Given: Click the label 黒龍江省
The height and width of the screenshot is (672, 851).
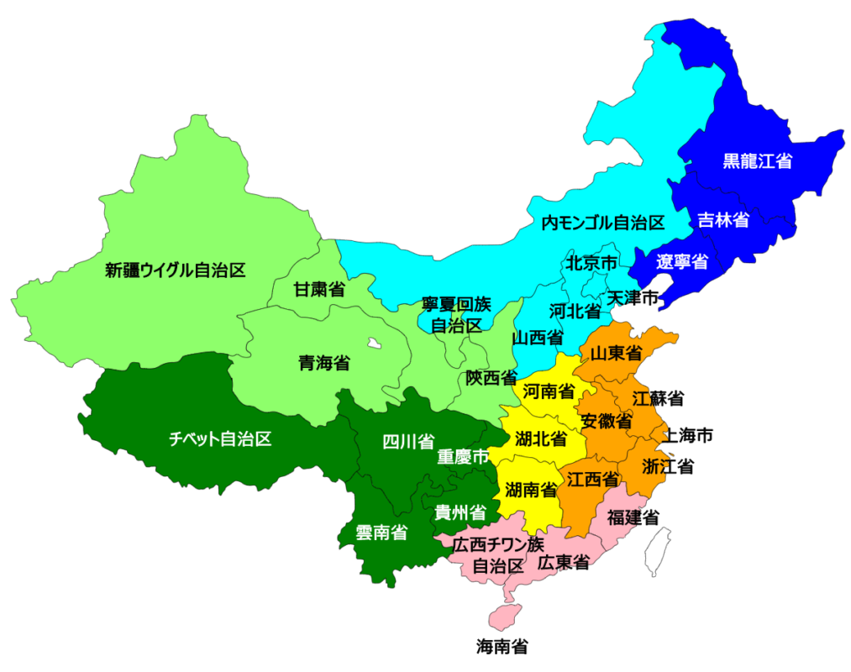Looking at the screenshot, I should (x=758, y=161).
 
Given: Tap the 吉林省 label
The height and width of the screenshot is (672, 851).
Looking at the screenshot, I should (x=723, y=220).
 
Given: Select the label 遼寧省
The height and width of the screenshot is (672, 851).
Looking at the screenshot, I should (x=682, y=261).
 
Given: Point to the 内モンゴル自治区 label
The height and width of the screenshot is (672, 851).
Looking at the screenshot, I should (x=602, y=223).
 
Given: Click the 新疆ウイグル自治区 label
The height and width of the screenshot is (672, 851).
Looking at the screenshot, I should (x=175, y=270).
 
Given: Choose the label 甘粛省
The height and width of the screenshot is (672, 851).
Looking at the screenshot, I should (x=319, y=290).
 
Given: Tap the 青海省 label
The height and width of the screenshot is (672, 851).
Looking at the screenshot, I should (x=324, y=363).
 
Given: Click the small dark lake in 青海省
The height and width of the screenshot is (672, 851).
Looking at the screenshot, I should (x=372, y=343).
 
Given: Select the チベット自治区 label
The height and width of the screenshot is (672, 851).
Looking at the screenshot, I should (x=220, y=438).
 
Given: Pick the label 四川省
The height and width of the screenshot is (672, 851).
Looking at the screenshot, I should (x=408, y=441).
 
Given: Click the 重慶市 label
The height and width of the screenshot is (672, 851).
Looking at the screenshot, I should (x=463, y=458).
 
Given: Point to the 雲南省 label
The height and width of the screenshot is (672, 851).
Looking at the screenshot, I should (x=381, y=532).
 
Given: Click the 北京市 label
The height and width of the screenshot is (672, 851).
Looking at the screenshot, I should (x=591, y=262).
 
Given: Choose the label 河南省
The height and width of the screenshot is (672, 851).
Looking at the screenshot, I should (x=549, y=391).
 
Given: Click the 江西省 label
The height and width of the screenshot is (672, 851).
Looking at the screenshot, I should (x=593, y=480).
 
